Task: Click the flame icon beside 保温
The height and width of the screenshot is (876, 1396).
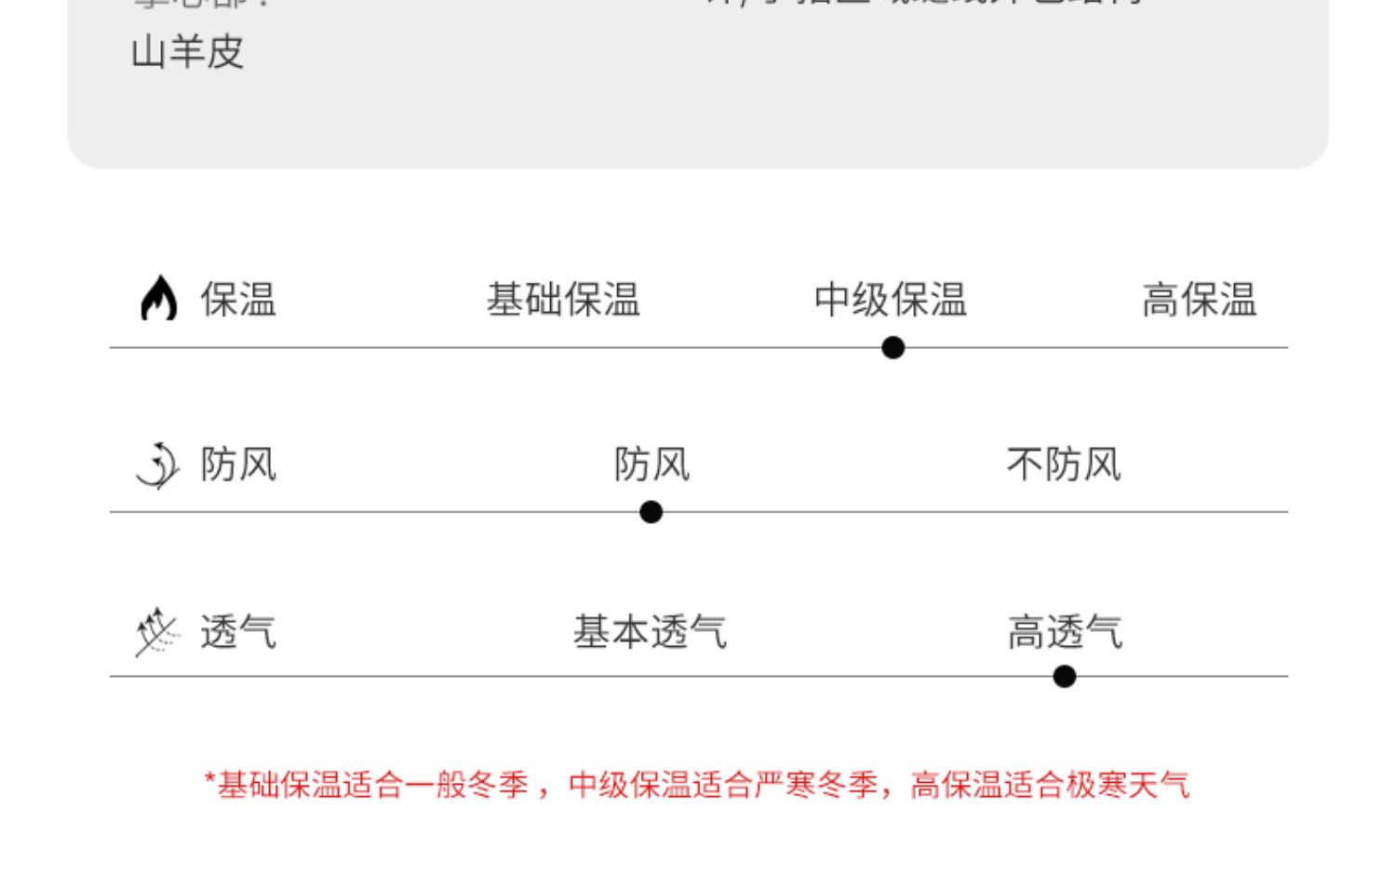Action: [x=158, y=299]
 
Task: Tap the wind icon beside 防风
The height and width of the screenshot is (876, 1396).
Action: [x=157, y=465]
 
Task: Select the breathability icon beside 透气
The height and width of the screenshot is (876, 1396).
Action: [x=156, y=632]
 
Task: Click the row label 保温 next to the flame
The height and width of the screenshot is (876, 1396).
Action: [x=238, y=300]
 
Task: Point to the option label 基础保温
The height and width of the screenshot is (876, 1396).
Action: [x=563, y=300]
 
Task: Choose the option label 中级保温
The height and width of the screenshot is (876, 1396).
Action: [x=891, y=300]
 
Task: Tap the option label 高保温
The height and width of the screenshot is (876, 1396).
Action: [x=1199, y=300]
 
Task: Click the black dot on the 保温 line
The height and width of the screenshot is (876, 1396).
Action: [x=893, y=348]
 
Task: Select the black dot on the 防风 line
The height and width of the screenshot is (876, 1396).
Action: [x=651, y=512]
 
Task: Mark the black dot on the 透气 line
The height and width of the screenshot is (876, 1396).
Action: [x=1065, y=677]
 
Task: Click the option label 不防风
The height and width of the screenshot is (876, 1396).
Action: [x=1064, y=464]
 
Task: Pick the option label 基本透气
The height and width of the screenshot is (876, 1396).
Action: [x=650, y=632]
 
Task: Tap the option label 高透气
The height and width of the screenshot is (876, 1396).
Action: [x=1065, y=632]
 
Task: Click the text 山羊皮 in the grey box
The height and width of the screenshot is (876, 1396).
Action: [x=188, y=52]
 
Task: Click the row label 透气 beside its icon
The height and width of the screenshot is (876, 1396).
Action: [x=238, y=632]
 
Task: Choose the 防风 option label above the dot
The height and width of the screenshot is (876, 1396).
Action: [x=651, y=464]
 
